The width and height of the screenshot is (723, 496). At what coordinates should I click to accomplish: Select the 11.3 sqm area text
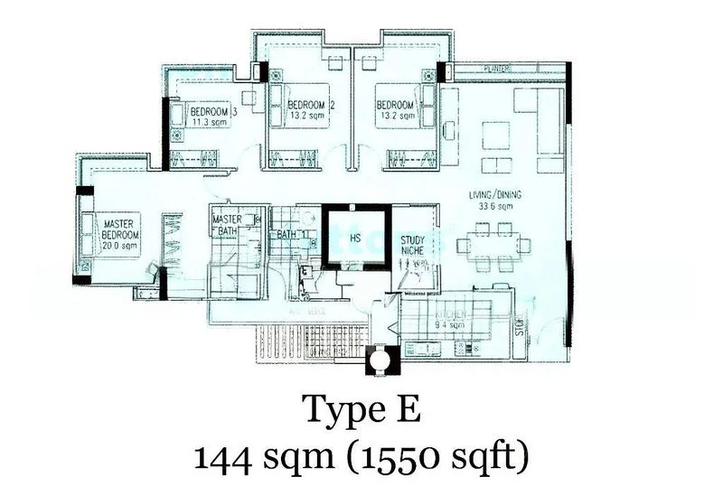coord(206,125)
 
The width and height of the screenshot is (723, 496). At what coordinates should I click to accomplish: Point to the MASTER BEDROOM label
coord(119,229)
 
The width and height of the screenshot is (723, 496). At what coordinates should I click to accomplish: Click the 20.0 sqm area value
coord(119,245)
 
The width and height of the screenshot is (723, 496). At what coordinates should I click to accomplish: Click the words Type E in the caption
coord(361,412)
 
